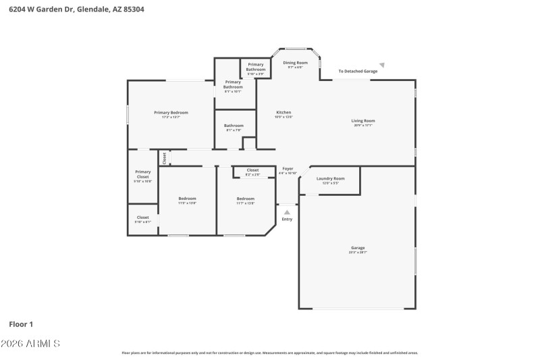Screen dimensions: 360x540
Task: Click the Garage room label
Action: [357, 249]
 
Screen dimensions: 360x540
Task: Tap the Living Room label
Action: [363, 122]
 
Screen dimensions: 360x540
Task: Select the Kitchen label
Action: [283, 113]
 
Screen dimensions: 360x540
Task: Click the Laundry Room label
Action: [330, 180]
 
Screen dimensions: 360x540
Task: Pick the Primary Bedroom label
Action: [171, 113]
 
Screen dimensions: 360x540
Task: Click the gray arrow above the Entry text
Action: [287, 212]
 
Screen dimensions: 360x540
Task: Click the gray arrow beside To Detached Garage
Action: [381, 66]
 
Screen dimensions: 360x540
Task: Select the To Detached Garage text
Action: [358, 71]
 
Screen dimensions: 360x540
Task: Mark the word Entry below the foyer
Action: [287, 220]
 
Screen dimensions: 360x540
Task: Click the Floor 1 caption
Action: [21, 324]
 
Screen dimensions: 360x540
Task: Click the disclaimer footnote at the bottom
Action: [269, 353]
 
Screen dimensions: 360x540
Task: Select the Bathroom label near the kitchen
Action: [234, 126]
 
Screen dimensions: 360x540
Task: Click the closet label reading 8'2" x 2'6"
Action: [252, 172]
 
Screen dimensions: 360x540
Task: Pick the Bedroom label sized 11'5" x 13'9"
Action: [187, 200]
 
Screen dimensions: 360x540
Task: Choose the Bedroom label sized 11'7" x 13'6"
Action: [245, 200]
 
